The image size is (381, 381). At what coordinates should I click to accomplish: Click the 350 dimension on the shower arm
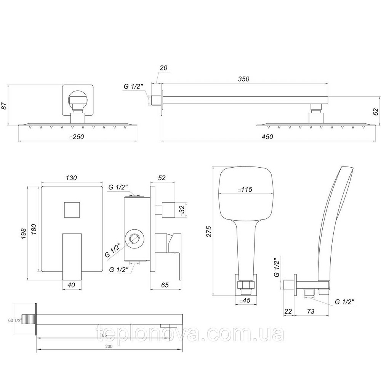pyautogui.click(x=243, y=79)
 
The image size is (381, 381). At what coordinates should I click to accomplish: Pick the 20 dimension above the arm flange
pyautogui.click(x=163, y=68)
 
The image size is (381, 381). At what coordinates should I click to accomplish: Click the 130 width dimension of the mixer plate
pyautogui.click(x=71, y=178)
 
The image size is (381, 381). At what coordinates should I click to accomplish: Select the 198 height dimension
pyautogui.click(x=24, y=233)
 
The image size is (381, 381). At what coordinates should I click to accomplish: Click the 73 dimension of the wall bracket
pyautogui.click(x=311, y=312)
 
